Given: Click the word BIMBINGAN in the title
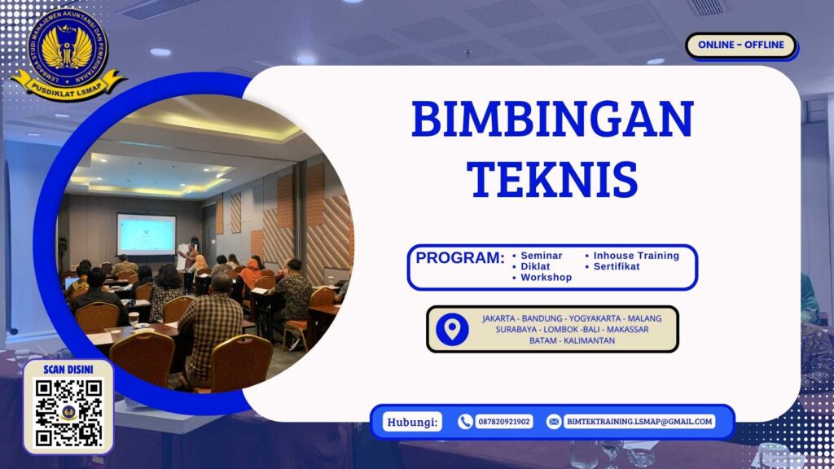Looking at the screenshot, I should [552, 119].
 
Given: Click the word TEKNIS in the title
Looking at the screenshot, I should [552, 178].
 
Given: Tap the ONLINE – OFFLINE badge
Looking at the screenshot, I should [740, 45].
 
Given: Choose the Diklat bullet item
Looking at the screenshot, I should [535, 266].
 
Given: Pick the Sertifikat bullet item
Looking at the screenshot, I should [617, 266].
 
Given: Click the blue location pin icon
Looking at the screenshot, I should [452, 329].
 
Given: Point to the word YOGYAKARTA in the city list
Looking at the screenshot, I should [576, 318].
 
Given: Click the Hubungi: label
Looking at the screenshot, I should [411, 422].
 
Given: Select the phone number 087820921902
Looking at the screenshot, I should [503, 422].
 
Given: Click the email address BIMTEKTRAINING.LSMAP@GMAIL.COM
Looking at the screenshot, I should [639, 422].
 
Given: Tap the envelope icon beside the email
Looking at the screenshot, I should [554, 422].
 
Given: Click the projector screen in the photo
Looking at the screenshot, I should [146, 234].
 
